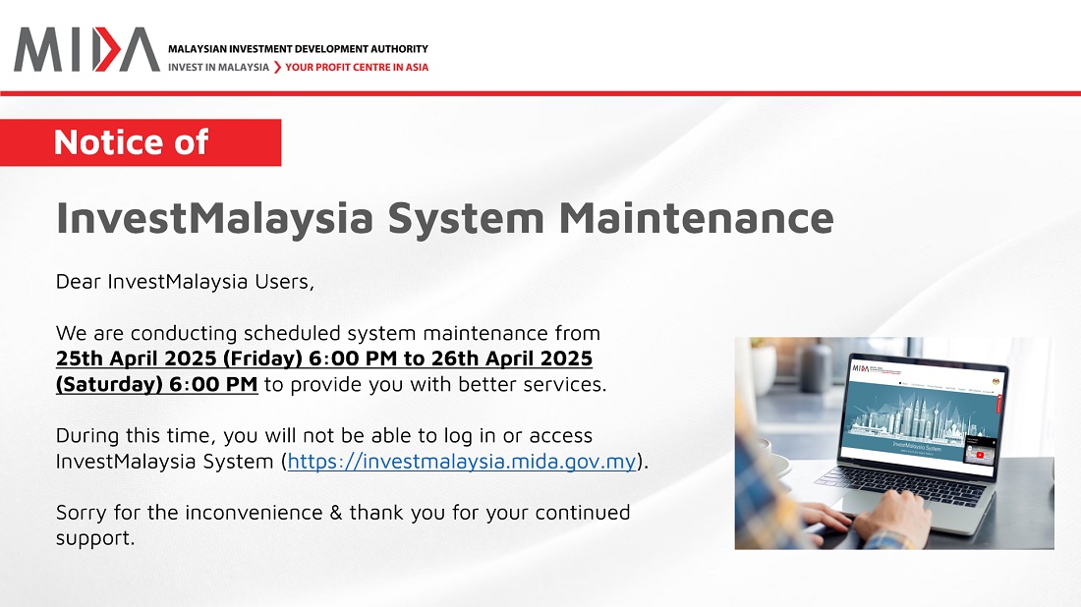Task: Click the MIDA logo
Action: (86, 49)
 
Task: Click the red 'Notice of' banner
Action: (141, 142)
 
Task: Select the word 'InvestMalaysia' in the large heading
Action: (213, 217)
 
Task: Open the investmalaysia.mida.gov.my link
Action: (462, 461)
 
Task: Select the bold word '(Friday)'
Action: (257, 359)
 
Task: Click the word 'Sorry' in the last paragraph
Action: (82, 512)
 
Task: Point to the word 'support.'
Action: (95, 538)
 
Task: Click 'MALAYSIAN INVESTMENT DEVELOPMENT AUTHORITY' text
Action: (298, 48)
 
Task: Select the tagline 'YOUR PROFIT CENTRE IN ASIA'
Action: (357, 68)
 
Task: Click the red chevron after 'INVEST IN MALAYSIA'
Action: (277, 68)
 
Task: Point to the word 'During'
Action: (87, 435)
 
